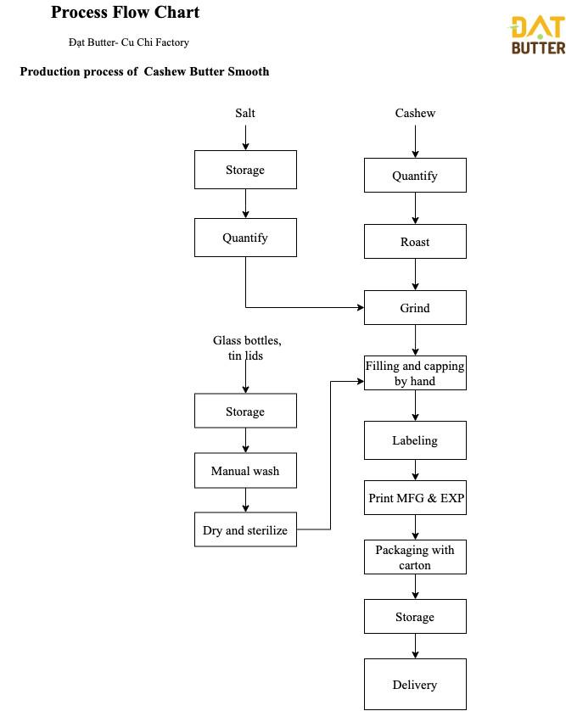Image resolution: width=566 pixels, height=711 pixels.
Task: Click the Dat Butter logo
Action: (538, 35)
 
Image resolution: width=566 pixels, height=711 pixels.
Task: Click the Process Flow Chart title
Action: (126, 12)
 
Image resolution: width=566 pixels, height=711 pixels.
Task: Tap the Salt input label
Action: (245, 113)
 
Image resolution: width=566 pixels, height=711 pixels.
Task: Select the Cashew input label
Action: (415, 113)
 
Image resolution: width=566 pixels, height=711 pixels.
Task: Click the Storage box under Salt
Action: (245, 170)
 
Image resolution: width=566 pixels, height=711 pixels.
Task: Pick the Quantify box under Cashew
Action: (415, 175)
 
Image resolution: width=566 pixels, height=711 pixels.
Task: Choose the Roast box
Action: (415, 241)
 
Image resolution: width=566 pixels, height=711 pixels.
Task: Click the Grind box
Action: (415, 307)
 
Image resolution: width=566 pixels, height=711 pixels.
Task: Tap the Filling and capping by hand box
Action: (415, 372)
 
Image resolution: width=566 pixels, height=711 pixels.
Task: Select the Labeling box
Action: (415, 440)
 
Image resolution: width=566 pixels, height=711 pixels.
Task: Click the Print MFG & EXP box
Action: (415, 497)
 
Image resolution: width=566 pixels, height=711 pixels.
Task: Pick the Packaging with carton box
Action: (415, 557)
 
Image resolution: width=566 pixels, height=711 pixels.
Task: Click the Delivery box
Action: (415, 684)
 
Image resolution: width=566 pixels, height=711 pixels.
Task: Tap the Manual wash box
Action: (245, 470)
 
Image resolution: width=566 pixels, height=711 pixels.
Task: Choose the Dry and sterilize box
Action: (245, 529)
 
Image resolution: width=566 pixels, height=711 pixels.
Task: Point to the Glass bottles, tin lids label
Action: (247, 348)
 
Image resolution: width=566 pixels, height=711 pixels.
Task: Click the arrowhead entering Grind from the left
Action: (361, 307)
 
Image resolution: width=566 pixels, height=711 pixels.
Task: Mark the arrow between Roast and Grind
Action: (415, 274)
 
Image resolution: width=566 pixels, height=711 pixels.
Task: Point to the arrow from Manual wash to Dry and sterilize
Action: (245, 500)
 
